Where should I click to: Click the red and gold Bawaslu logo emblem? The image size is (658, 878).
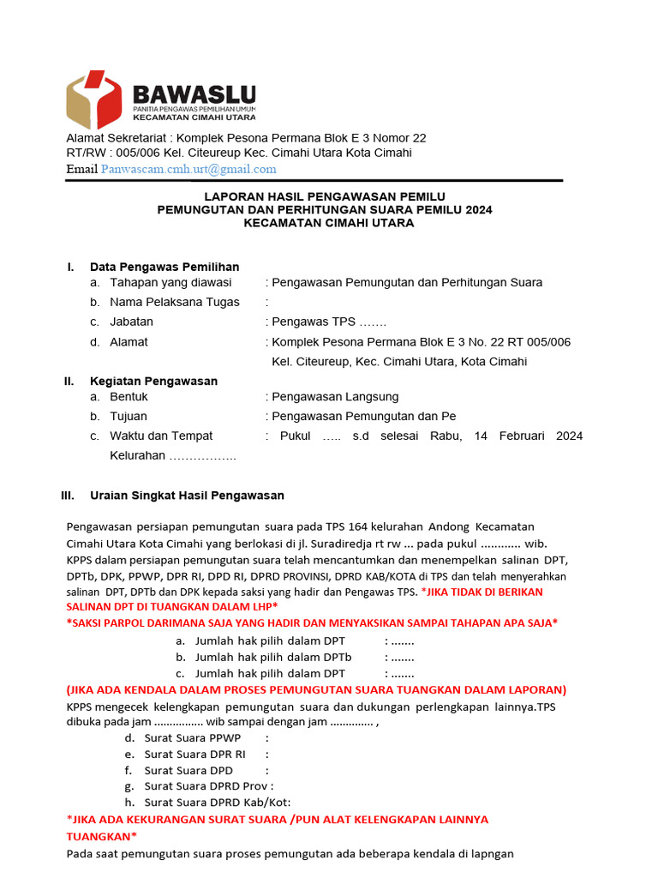click(x=94, y=100)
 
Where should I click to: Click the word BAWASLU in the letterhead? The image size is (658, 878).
click(x=194, y=94)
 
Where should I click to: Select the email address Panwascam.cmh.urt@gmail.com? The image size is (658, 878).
click(x=188, y=169)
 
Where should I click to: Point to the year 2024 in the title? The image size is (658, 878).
click(x=477, y=209)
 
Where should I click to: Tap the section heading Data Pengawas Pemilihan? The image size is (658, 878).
click(x=164, y=267)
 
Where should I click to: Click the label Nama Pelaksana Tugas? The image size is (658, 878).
click(x=175, y=302)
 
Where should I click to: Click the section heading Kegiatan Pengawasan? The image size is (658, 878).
click(x=153, y=381)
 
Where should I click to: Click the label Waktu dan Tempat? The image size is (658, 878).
click(x=161, y=436)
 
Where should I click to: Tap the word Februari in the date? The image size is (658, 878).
click(x=521, y=436)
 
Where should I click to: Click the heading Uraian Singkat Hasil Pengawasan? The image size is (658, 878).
click(x=187, y=496)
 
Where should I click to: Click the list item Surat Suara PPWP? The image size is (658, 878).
click(x=193, y=738)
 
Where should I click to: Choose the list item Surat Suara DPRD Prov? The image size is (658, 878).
click(x=208, y=785)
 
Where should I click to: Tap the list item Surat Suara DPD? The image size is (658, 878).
click(x=188, y=770)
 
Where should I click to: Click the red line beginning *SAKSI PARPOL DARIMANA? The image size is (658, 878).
click(x=312, y=622)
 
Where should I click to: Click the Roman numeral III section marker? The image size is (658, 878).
click(x=68, y=496)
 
